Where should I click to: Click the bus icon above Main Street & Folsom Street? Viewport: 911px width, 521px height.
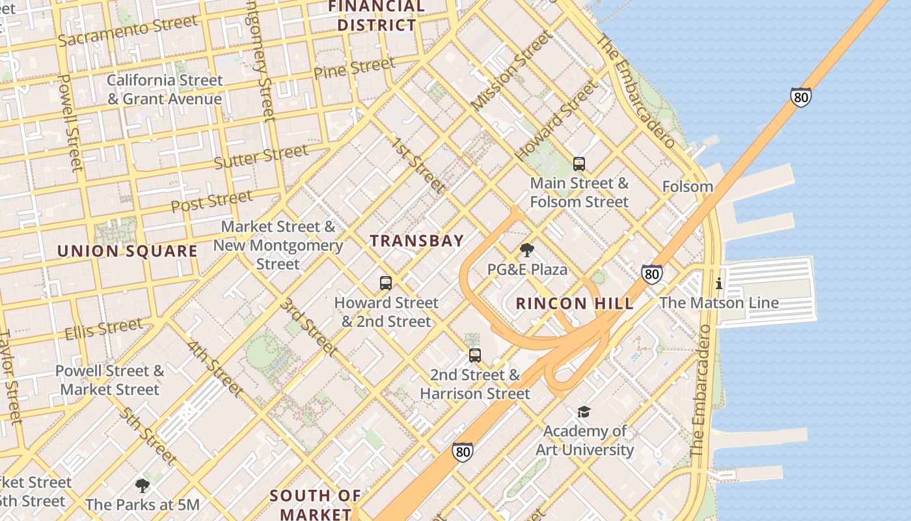(x=578, y=164)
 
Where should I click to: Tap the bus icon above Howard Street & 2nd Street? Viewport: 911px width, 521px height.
(x=386, y=283)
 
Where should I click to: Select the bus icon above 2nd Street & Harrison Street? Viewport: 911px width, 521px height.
(x=475, y=356)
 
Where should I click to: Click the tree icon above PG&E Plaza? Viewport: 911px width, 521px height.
(x=527, y=250)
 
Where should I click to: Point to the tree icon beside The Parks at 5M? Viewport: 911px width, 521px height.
(x=142, y=486)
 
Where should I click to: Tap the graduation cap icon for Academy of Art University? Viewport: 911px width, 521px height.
(x=584, y=412)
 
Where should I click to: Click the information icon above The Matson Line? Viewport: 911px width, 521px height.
(x=718, y=284)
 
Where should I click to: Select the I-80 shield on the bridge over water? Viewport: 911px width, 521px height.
(x=801, y=97)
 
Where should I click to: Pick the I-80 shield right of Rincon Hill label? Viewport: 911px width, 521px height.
(x=651, y=274)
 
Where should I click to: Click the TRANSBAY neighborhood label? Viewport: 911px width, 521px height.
(x=417, y=241)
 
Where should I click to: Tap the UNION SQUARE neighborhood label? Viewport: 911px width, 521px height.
(x=128, y=251)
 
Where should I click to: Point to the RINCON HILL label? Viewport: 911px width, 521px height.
(x=575, y=303)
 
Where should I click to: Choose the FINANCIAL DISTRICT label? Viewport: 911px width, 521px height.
(x=377, y=16)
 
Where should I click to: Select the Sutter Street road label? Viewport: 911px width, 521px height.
(x=261, y=157)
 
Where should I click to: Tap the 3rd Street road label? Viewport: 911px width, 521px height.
(x=308, y=327)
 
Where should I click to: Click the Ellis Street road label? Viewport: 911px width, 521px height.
(x=103, y=330)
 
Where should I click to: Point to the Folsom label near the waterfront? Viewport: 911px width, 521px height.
(x=687, y=187)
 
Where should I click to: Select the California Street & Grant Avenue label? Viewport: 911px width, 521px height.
(x=165, y=90)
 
